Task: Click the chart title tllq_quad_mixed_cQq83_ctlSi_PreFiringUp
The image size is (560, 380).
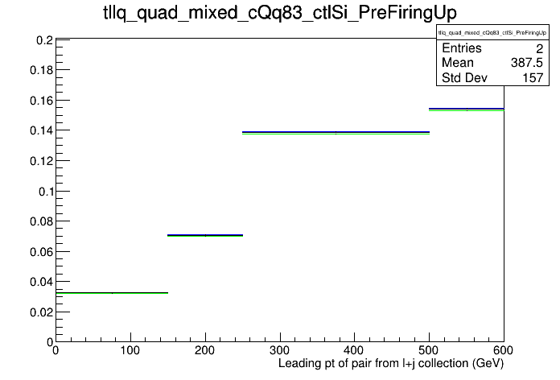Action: pyautogui.click(x=280, y=13)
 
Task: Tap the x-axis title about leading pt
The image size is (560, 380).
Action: pyautogui.click(x=391, y=364)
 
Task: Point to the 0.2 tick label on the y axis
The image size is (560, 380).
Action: pyautogui.click(x=44, y=40)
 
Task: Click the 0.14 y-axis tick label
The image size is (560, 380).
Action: pyautogui.click(x=41, y=131)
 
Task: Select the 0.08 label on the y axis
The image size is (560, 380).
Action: pyautogui.click(x=41, y=221)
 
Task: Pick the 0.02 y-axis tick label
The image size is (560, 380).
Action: pyautogui.click(x=41, y=312)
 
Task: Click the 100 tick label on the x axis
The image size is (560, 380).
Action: pyautogui.click(x=130, y=350)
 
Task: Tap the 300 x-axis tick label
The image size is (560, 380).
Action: pyautogui.click(x=280, y=350)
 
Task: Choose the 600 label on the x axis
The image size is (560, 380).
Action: pyautogui.click(x=503, y=350)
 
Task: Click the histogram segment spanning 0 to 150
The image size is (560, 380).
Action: pyautogui.click(x=112, y=293)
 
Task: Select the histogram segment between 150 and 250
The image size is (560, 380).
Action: pyautogui.click(x=205, y=236)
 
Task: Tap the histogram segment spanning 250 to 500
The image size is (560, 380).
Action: pyautogui.click(x=336, y=133)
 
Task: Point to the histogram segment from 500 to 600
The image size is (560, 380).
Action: pyautogui.click(x=467, y=109)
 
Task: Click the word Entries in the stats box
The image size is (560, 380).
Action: pyautogui.click(x=461, y=48)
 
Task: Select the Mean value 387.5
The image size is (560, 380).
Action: pyautogui.click(x=527, y=63)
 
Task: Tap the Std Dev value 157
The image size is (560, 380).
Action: pyautogui.click(x=533, y=78)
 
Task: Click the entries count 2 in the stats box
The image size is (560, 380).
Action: pyautogui.click(x=539, y=48)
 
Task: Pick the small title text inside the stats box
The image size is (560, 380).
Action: pyautogui.click(x=492, y=33)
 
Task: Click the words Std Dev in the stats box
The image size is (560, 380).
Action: pyautogui.click(x=464, y=77)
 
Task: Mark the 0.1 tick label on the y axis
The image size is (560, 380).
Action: pyautogui.click(x=46, y=192)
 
